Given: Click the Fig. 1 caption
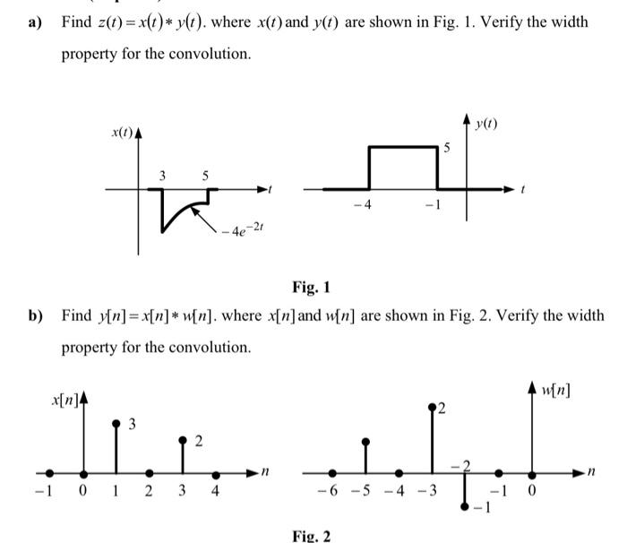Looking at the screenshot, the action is pyautogui.click(x=311, y=288).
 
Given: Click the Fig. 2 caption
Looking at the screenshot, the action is pyautogui.click(x=311, y=536).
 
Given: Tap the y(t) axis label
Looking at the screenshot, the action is pyautogui.click(x=485, y=122).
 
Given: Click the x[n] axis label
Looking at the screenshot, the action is pyautogui.click(x=64, y=397).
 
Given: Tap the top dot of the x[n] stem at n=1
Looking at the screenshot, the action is pyautogui.click(x=116, y=422).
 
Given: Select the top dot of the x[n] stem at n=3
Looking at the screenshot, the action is pyautogui.click(x=183, y=439).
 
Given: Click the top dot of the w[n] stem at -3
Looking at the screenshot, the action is pyautogui.click(x=433, y=406).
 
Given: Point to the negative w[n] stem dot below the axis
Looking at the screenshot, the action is pyautogui.click(x=465, y=506).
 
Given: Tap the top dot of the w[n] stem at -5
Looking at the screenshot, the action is pyautogui.click(x=365, y=441).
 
